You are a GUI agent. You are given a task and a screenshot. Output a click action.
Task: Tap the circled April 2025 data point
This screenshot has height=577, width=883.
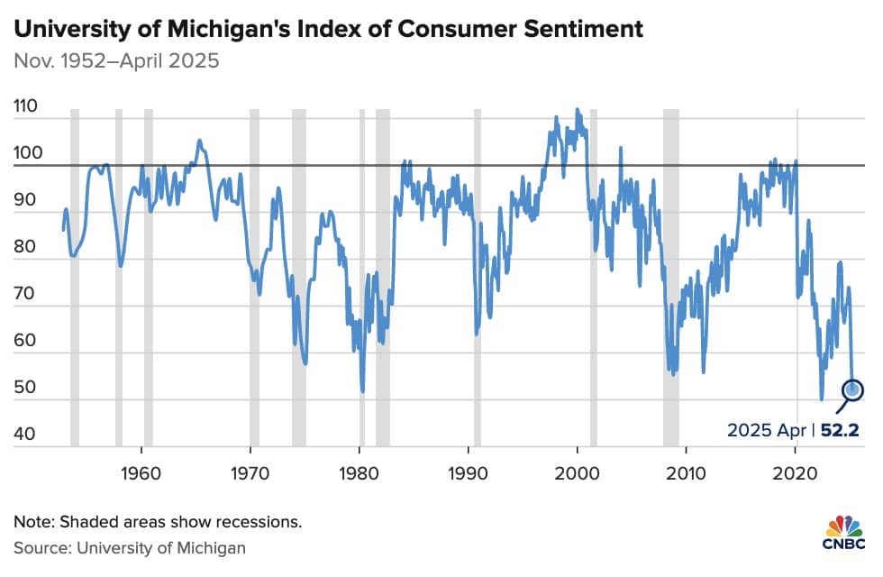852,389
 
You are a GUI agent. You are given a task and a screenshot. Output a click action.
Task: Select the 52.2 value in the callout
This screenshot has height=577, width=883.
840,430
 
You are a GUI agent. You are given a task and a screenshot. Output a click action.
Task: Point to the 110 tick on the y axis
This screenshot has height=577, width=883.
26,106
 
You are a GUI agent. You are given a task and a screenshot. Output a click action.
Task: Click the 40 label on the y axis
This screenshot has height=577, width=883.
24,434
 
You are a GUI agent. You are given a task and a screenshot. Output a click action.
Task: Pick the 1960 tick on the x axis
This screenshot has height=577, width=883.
141,473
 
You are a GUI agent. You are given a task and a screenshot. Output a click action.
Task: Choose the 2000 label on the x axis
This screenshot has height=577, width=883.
578,473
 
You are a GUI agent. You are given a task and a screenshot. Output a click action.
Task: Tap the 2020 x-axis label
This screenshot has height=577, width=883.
795,473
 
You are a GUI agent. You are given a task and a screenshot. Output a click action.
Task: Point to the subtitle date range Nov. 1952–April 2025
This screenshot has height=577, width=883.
116,61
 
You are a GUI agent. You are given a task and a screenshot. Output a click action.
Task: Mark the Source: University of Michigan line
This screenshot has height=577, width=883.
130,548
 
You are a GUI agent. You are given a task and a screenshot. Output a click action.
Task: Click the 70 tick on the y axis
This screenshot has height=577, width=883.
25,293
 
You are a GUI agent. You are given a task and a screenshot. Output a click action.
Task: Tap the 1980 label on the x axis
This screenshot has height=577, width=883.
359,473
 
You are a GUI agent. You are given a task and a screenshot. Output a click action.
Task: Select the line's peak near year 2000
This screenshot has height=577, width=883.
577,109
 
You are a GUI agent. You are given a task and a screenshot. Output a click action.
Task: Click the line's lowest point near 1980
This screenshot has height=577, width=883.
362,390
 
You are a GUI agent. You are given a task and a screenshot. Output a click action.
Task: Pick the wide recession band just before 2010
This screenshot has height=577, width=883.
670,278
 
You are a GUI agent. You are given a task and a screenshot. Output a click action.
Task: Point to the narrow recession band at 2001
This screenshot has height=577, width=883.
594,278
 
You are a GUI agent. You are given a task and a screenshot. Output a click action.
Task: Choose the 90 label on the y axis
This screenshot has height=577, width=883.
25,199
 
